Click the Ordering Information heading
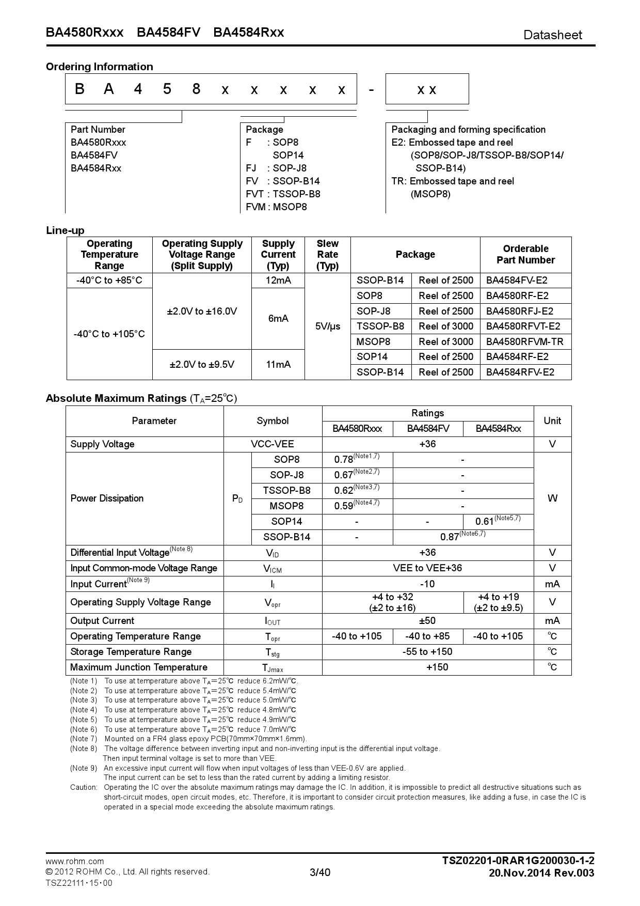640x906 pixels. tap(99, 67)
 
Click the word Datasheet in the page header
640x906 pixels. tap(552, 35)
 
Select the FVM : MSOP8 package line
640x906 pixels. tap(276, 207)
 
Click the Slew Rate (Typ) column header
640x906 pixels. tap(327, 255)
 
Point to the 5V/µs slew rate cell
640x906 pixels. tap(327, 326)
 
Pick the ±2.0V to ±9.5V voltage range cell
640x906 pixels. tap(202, 365)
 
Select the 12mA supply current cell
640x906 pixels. tap(278, 280)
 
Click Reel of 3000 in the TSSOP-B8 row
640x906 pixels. tap(445, 326)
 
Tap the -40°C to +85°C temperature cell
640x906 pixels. tap(109, 280)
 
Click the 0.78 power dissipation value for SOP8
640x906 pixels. tap(344, 460)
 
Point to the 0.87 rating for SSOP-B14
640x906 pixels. tap(450, 537)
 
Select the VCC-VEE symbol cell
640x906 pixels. tap(272, 444)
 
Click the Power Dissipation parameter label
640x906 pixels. tap(107, 498)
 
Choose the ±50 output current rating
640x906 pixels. tap(427, 621)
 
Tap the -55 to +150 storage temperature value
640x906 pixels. tap(427, 652)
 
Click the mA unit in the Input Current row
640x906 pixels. tap(552, 584)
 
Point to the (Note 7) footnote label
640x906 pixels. tap(84, 739)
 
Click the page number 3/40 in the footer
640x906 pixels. tap(319, 873)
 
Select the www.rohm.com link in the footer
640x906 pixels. tap(75, 861)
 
